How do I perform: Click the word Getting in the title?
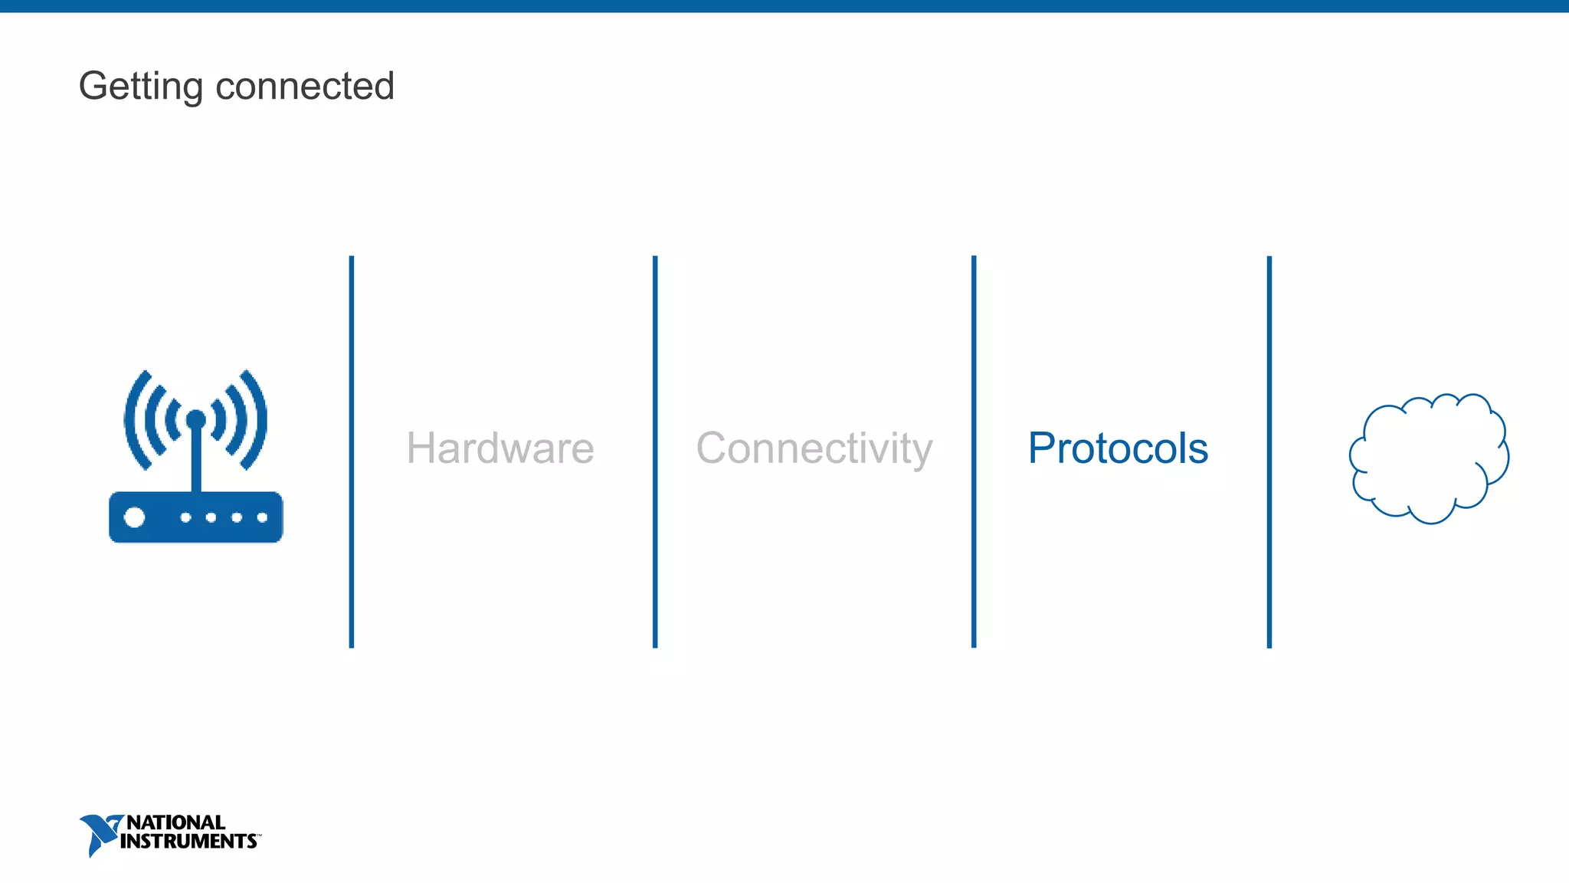click(140, 86)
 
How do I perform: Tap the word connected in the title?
click(305, 86)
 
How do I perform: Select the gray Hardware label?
click(500, 448)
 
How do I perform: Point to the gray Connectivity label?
click(814, 448)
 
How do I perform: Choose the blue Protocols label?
click(1118, 448)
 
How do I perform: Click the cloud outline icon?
click(1428, 458)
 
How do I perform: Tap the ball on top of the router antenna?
click(196, 419)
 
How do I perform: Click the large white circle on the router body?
click(135, 517)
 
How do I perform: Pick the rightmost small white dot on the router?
click(262, 517)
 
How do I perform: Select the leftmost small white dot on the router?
click(185, 517)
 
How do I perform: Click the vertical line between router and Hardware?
click(352, 452)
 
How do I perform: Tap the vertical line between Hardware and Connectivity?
click(655, 452)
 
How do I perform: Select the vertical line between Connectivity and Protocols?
click(974, 452)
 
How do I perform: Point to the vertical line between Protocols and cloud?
click(1269, 452)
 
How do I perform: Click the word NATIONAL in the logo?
click(175, 822)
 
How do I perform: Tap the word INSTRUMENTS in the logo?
click(188, 841)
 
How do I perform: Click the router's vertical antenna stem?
click(196, 460)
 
